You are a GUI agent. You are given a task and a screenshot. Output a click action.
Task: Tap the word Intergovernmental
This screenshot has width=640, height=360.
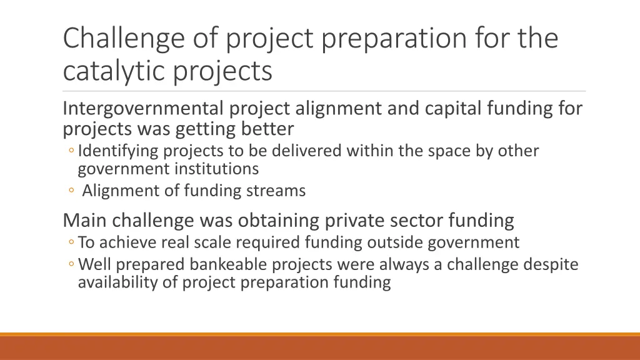(x=143, y=109)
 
